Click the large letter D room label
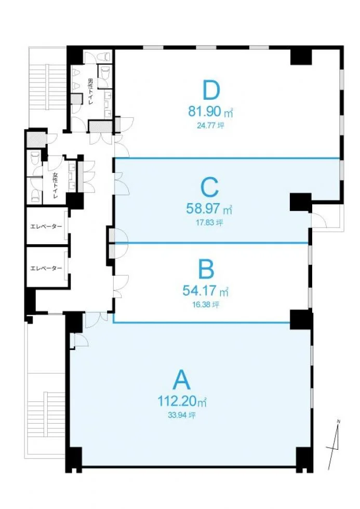(211, 90)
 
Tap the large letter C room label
(210, 187)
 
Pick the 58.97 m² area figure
(209, 208)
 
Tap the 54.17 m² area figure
(206, 290)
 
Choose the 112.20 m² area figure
(182, 401)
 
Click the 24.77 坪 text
(210, 125)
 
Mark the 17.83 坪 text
(209, 223)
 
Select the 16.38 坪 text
(206, 304)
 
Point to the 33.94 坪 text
(182, 415)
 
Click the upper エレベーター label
(46, 226)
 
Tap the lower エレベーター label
(46, 268)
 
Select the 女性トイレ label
(55, 186)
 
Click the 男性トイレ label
(90, 91)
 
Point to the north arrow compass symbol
(335, 445)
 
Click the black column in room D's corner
(301, 58)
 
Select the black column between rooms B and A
(301, 320)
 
